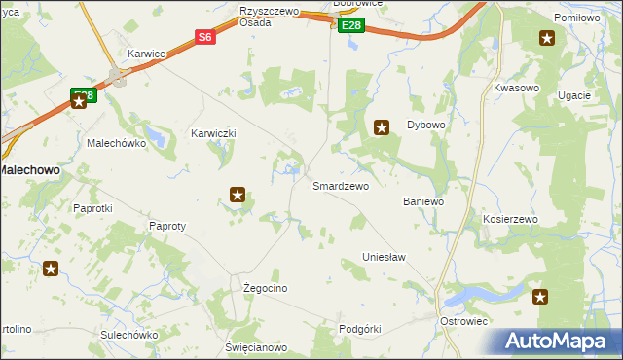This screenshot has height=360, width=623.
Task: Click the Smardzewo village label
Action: [340, 186]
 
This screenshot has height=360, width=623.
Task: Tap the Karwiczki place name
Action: [213, 133]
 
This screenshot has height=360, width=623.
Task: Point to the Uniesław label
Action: [384, 257]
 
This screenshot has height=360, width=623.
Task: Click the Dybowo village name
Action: [425, 126]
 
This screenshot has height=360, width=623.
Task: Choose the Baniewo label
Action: [423, 202]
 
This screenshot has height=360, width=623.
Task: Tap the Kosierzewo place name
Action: [510, 220]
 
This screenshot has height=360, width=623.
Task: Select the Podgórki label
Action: [359, 329]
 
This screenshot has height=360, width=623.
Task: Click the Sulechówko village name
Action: [128, 335]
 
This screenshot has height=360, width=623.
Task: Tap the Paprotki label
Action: [93, 208]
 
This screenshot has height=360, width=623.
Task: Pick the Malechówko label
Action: [116, 143]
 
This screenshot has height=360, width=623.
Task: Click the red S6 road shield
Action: [204, 37]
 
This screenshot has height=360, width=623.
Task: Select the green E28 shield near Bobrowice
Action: [352, 26]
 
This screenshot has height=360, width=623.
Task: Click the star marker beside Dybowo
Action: [383, 126]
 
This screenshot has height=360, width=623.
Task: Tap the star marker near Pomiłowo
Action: [547, 39]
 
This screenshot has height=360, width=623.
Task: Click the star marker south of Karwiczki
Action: [237, 195]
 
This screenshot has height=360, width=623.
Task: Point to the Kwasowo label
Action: [516, 88]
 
